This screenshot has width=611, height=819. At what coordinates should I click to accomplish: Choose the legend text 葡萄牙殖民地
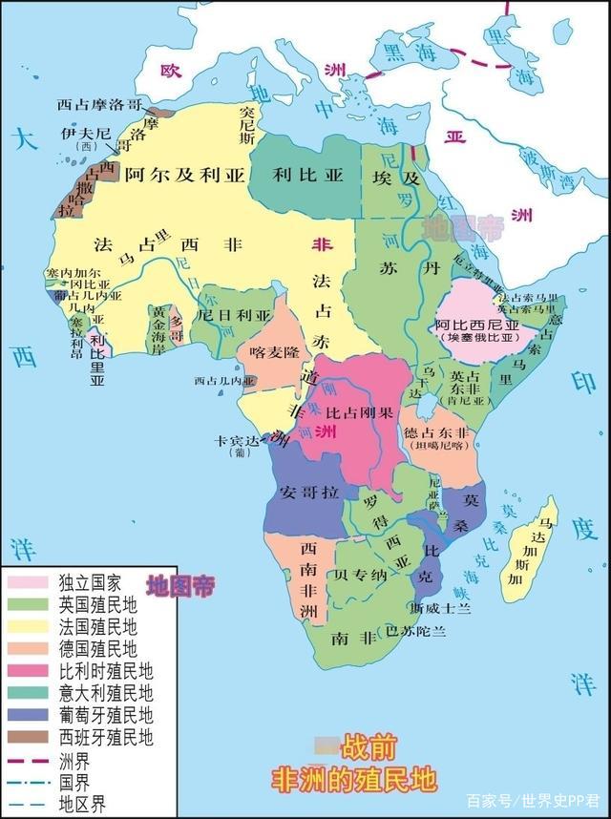105,716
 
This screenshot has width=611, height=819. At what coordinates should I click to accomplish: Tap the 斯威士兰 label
438,607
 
